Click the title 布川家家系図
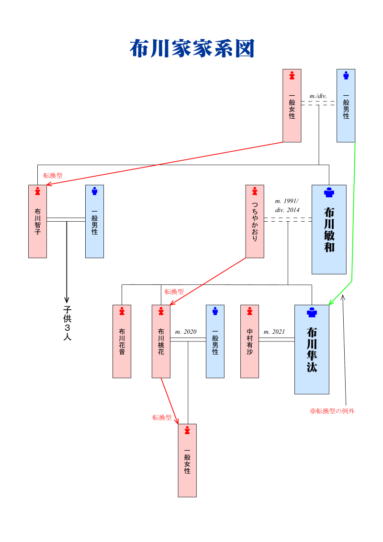(x=191, y=49)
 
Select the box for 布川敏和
(x=329, y=229)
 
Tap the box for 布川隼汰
(x=312, y=349)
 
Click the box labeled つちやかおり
(x=255, y=221)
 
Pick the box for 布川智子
(x=37, y=221)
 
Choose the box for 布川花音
(x=122, y=341)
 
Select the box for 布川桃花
(x=161, y=341)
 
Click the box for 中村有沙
(x=249, y=341)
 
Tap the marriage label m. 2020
(x=186, y=332)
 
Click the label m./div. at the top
(x=318, y=96)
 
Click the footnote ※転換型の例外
(x=332, y=411)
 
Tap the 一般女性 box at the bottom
(x=187, y=460)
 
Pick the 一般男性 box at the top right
(x=346, y=106)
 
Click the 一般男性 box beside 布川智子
(x=94, y=221)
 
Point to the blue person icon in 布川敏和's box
(x=329, y=192)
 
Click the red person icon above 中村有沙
(x=249, y=311)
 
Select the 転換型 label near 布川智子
(x=53, y=176)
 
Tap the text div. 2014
(x=287, y=210)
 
